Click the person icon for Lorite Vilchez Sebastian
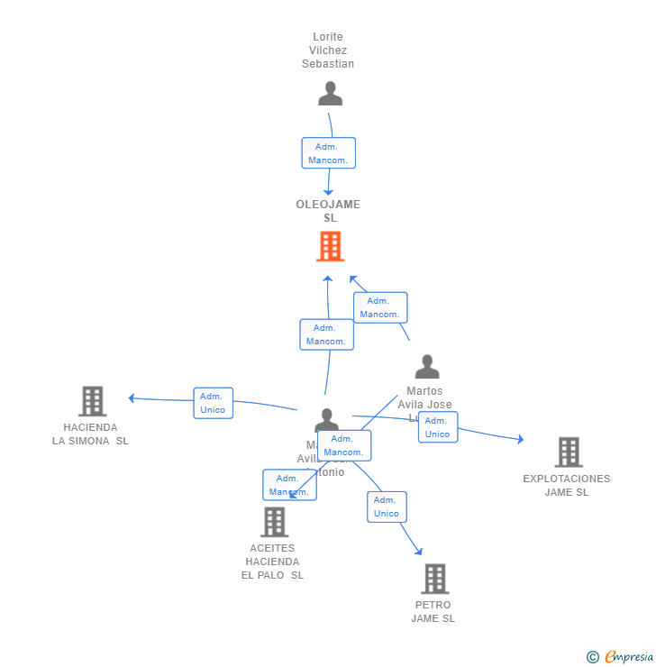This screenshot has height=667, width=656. pos(330,94)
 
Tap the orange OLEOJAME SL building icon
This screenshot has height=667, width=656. pos(330,246)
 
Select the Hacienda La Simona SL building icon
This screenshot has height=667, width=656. pos(92,401)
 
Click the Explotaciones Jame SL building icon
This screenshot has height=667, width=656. pos(568,452)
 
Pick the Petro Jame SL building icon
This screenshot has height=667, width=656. pos(434,579)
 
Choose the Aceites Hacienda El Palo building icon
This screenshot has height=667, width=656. pos(274,522)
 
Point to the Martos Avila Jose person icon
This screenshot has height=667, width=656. pos(427,366)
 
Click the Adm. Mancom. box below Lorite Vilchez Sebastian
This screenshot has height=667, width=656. pos(328,153)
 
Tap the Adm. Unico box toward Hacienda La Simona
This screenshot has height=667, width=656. pos(213,403)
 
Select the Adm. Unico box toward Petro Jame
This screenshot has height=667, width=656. pos(387,507)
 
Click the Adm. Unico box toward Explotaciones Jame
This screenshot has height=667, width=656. pos(437,427)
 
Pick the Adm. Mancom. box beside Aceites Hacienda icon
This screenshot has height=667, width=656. pos(288,485)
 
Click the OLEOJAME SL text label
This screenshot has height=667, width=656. pos(328,211)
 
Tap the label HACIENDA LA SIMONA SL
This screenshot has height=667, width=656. pos(90,434)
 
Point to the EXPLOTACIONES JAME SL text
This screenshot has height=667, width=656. pos(566,486)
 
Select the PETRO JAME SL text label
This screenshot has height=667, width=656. pos(433,612)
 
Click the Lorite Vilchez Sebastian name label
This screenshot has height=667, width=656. pos(328,50)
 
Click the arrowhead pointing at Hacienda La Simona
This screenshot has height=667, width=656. pos(132,397)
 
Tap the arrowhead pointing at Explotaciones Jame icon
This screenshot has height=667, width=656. pos(519,440)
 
